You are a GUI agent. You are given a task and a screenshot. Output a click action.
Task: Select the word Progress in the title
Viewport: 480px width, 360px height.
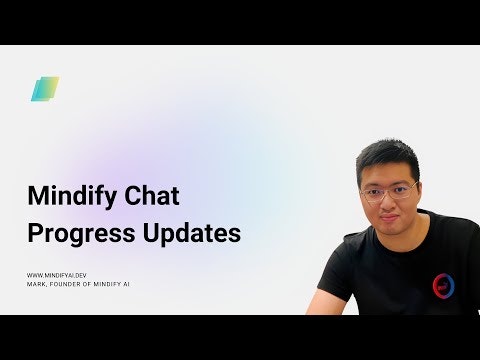[75, 232]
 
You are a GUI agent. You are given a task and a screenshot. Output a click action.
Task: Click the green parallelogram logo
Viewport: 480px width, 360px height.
[44, 89]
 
